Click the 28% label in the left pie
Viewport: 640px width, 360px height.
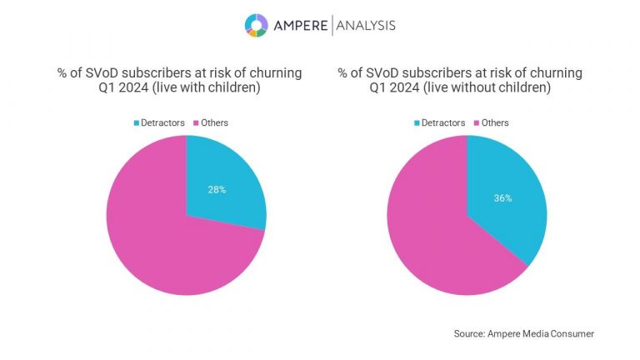pyautogui.click(x=217, y=189)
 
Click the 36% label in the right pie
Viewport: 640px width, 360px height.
pyautogui.click(x=502, y=198)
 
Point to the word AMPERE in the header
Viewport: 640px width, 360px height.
pyautogui.click(x=301, y=26)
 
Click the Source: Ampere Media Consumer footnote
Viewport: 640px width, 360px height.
pyautogui.click(x=524, y=333)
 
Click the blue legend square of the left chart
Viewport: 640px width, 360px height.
pyautogui.click(x=137, y=122)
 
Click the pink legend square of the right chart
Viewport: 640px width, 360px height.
pyautogui.click(x=478, y=122)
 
